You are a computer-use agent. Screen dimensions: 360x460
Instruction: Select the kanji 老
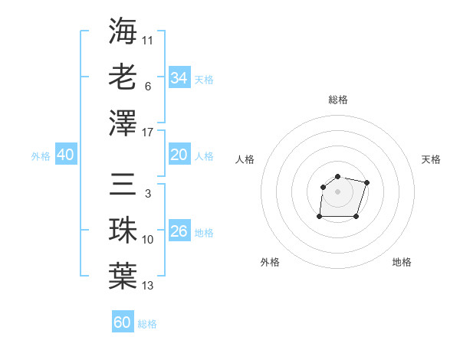123,76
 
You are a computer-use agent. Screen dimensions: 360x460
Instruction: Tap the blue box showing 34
179,77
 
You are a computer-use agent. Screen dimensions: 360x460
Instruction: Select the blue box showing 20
179,155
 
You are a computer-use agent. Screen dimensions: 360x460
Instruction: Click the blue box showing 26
179,231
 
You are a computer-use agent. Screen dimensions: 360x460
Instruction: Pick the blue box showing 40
65,155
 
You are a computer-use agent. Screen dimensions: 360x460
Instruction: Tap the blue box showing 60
123,322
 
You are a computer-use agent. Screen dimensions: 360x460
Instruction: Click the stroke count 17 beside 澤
148,133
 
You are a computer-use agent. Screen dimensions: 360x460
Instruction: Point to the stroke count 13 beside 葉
148,286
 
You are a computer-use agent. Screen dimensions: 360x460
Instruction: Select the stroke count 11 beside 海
148,40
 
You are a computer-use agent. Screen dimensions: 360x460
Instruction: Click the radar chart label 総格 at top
338,100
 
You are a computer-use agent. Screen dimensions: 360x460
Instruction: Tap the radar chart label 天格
431,159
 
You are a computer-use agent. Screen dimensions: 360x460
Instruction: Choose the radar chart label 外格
270,262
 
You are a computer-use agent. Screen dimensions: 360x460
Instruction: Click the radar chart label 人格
245,159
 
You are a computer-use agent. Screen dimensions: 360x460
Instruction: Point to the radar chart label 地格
402,262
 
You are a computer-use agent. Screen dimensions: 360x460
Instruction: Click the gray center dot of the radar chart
338,191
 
